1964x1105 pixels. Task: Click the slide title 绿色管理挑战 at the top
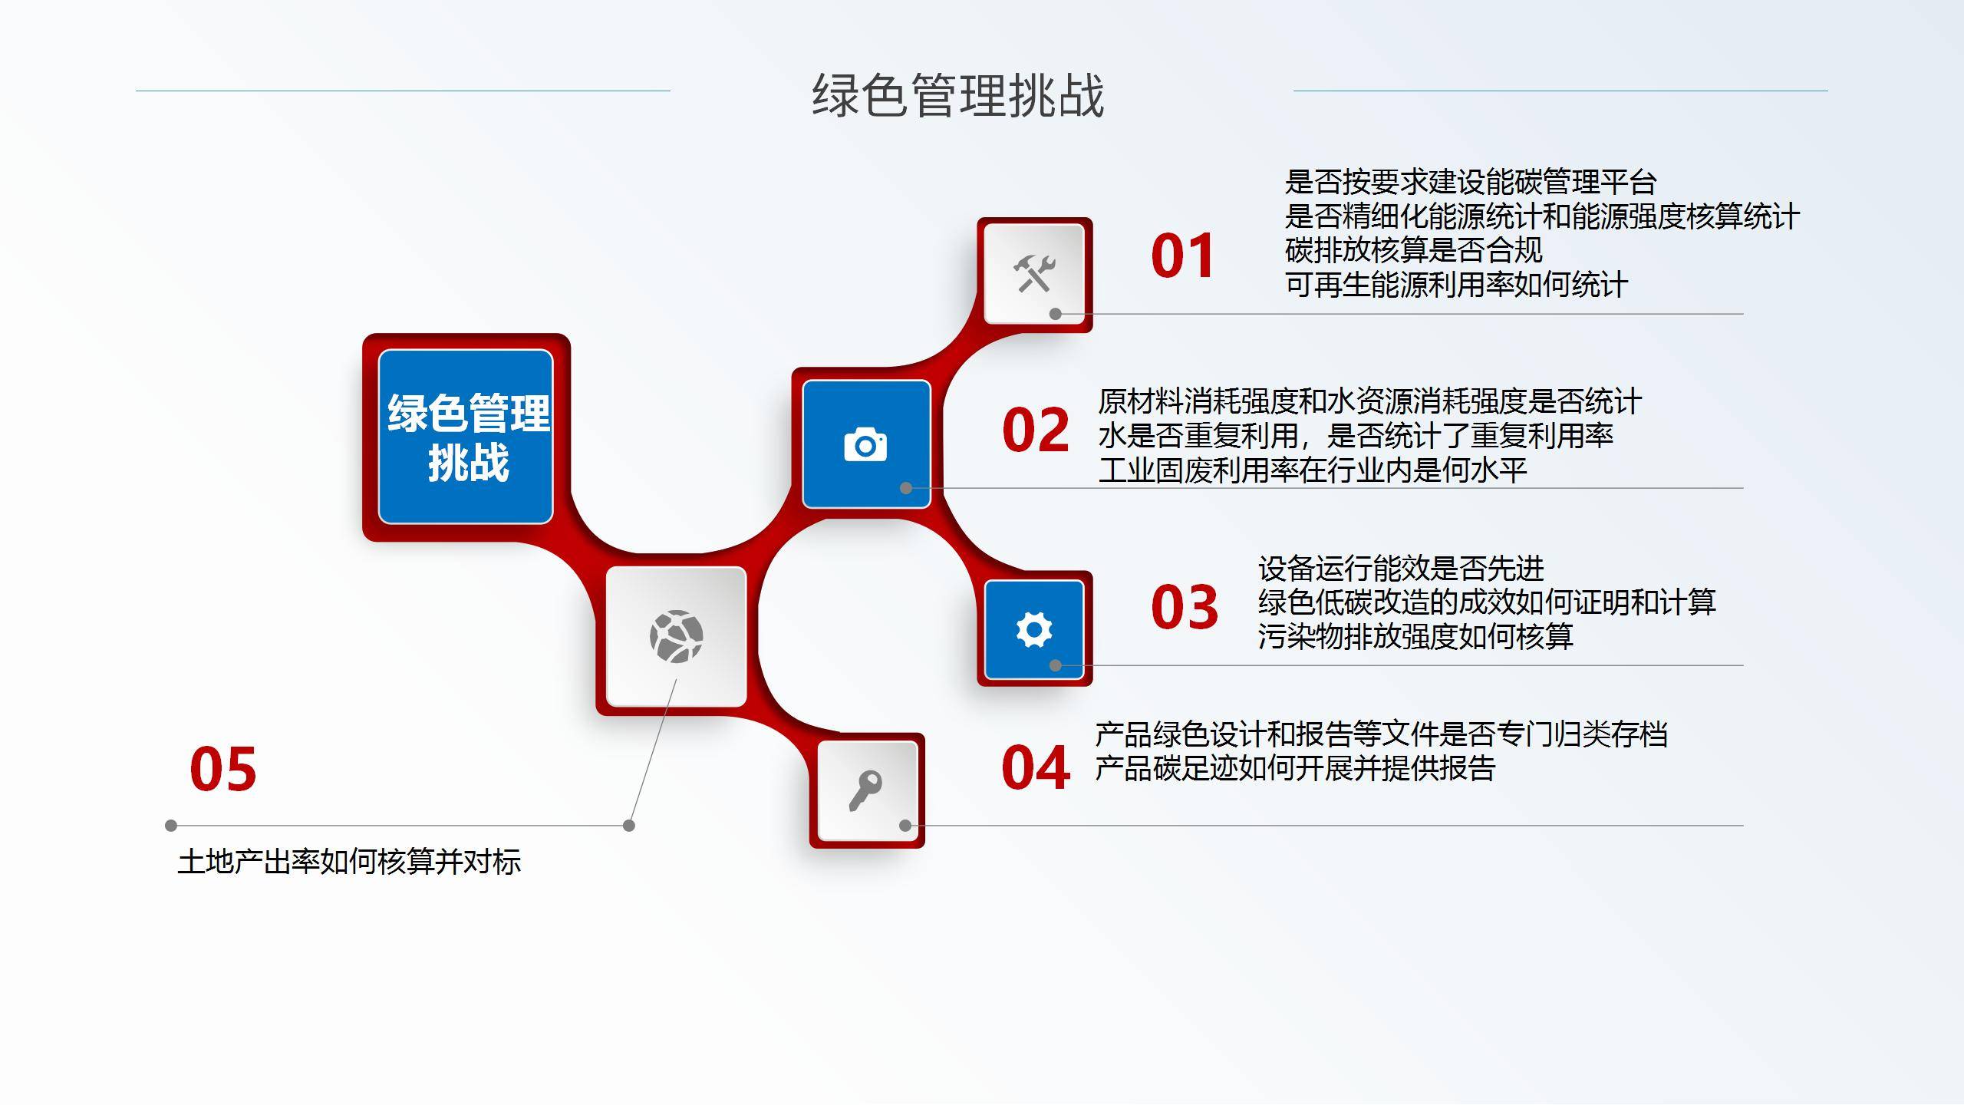tap(958, 97)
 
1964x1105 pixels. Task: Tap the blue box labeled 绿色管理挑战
tap(466, 437)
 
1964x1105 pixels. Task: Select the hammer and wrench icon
tap(1034, 274)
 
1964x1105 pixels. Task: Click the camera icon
tap(865, 444)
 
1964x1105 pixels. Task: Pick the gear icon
tap(1033, 630)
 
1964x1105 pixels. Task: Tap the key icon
tap(865, 790)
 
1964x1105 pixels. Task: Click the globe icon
tap(676, 636)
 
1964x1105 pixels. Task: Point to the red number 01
tap(1182, 256)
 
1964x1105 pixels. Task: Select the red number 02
tap(1036, 430)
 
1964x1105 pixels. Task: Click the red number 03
tap(1185, 607)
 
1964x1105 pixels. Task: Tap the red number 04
tap(1036, 767)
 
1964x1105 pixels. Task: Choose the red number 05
tap(223, 769)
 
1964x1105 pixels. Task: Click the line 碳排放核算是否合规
tap(1414, 250)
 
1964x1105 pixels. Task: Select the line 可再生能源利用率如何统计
tap(1456, 285)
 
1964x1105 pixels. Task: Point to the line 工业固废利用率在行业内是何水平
tap(1313, 470)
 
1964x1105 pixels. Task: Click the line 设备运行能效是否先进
tap(1401, 569)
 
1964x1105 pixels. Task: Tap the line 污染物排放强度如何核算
tap(1415, 636)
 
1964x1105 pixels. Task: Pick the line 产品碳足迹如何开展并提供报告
tap(1295, 768)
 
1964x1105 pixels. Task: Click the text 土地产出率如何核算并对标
tap(350, 862)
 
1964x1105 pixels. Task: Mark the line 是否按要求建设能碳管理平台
tap(1471, 183)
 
